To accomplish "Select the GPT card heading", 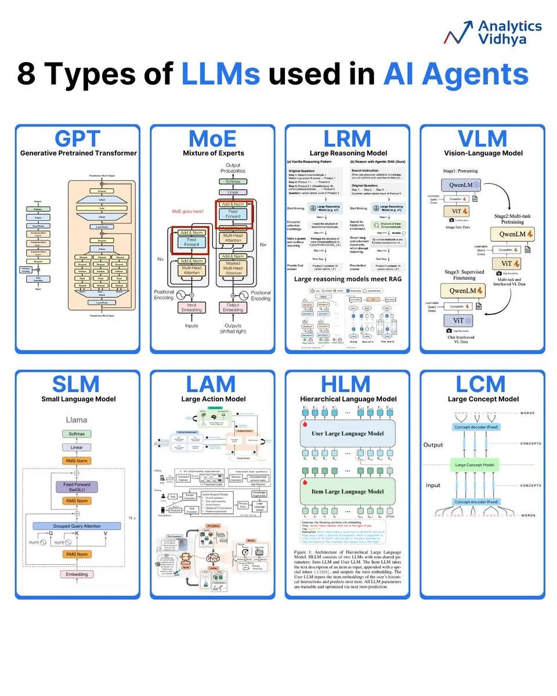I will [x=78, y=139].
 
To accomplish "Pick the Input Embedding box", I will [x=191, y=307].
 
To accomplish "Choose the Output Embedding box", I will [x=233, y=307].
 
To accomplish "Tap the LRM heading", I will [x=348, y=139].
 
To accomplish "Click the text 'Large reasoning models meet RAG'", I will [x=347, y=279].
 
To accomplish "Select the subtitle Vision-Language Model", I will [x=483, y=153].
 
